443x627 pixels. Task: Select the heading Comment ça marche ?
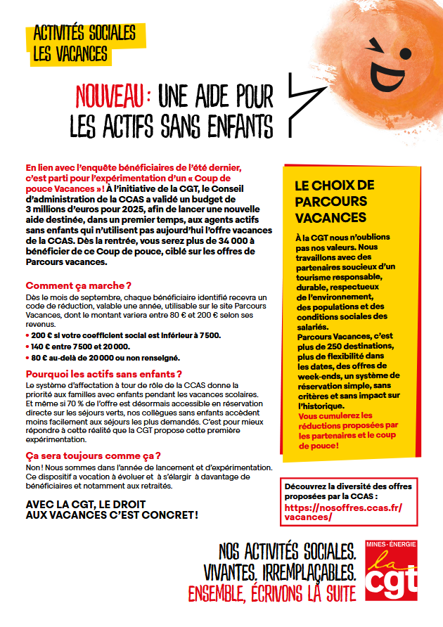click(x=79, y=285)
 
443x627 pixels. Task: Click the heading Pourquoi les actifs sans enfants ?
click(x=103, y=374)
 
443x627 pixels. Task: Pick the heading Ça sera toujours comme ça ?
click(x=93, y=455)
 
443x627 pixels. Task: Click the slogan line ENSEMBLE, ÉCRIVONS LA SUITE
click(x=271, y=593)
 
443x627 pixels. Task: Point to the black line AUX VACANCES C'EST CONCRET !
click(x=112, y=515)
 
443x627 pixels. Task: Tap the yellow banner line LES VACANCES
click(x=70, y=53)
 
